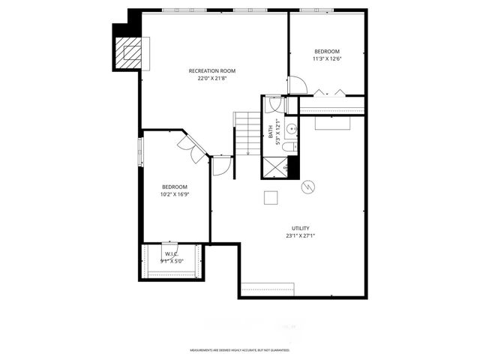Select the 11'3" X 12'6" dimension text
tap(326, 58)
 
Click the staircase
tap(247, 133)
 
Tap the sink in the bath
tap(291, 129)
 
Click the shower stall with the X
tap(274, 166)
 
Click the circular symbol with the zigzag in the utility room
tap(308, 187)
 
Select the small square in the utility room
tap(271, 196)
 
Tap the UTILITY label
tap(301, 228)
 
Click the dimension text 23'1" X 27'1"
tap(301, 235)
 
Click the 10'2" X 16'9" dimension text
tap(174, 194)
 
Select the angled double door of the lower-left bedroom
tap(194, 148)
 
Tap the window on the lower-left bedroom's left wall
tap(139, 149)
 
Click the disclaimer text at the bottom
tap(239, 350)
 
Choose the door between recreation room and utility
tap(222, 166)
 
